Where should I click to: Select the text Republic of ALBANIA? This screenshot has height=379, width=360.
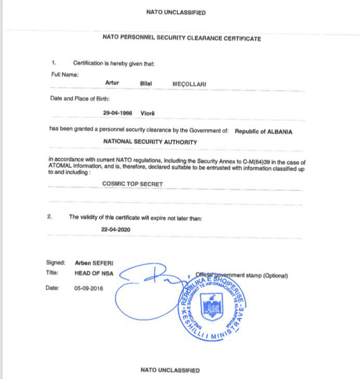pyautogui.click(x=263, y=132)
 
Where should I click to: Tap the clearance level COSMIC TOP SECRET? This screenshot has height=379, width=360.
pyautogui.click(x=133, y=184)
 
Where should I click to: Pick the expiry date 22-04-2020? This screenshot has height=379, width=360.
pyautogui.click(x=115, y=229)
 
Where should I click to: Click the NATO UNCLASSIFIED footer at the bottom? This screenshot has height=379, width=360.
pyautogui.click(x=170, y=370)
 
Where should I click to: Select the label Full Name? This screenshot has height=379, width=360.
pyautogui.click(x=64, y=74)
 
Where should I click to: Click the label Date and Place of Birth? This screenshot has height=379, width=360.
pyautogui.click(x=80, y=98)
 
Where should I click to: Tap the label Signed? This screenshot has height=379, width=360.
pyautogui.click(x=56, y=263)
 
